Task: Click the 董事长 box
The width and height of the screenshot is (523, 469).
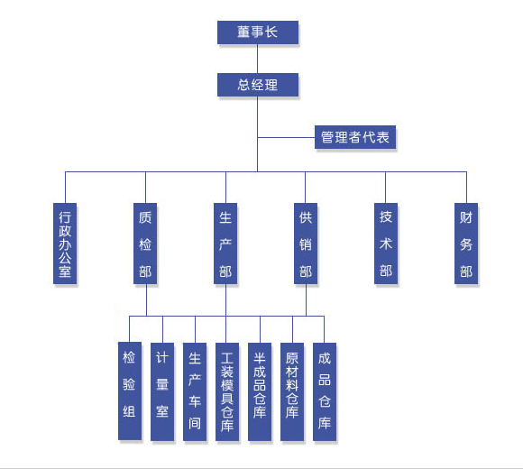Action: click(258, 32)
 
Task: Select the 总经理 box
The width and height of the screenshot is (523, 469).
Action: click(258, 85)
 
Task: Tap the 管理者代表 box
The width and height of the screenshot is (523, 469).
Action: click(355, 137)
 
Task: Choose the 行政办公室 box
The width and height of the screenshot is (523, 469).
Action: click(65, 244)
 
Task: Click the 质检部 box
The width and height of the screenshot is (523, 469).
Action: click(145, 244)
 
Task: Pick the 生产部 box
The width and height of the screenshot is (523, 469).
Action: click(225, 244)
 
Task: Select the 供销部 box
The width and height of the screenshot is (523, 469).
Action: click(306, 244)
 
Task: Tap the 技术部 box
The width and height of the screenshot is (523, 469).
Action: click(386, 244)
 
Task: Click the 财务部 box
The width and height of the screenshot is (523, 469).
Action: click(466, 244)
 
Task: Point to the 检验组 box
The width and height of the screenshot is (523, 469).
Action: click(130, 391)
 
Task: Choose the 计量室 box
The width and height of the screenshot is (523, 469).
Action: click(162, 391)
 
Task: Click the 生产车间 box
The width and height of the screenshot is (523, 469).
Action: click(195, 391)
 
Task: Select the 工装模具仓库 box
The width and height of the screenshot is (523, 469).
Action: click(227, 391)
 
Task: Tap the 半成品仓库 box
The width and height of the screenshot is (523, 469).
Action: click(260, 391)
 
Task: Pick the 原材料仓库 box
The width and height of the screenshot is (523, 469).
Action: click(292, 391)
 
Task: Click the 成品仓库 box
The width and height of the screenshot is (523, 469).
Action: click(325, 391)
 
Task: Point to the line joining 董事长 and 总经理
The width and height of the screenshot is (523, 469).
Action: click(258, 59)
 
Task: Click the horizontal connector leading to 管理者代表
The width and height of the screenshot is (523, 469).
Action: click(286, 137)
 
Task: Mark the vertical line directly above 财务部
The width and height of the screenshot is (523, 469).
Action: click(466, 187)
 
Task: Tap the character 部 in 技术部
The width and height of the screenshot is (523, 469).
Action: click(386, 271)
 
